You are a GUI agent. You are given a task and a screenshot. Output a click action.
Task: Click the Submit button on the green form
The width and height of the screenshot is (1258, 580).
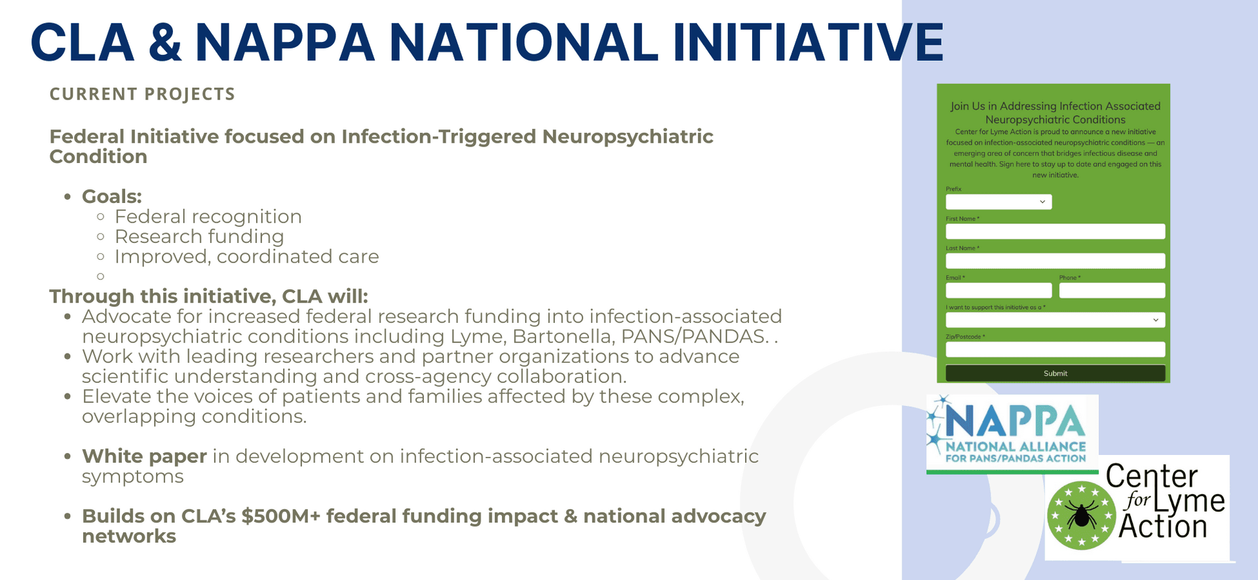[1055, 373]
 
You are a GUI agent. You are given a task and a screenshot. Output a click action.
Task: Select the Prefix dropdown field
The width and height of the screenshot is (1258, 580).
[999, 202]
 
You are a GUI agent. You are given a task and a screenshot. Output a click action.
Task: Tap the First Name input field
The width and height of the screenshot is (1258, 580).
[1055, 231]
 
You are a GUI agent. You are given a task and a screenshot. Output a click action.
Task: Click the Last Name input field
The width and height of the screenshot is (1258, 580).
[1055, 261]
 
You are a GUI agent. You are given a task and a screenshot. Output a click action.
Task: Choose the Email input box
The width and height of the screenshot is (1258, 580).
[999, 290]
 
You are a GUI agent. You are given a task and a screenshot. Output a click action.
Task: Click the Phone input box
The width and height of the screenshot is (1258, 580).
[1112, 290]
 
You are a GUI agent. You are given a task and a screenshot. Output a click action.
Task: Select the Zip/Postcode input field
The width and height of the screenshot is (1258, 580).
[1055, 349]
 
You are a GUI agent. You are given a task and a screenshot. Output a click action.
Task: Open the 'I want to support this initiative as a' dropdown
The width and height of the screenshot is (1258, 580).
[1055, 319]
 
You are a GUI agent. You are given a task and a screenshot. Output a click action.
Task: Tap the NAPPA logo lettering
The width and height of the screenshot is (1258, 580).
[1016, 421]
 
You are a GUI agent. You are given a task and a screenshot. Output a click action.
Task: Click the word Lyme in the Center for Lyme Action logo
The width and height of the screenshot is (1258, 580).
[1189, 501]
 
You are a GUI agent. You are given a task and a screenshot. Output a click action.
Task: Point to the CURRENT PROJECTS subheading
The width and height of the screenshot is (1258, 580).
[142, 94]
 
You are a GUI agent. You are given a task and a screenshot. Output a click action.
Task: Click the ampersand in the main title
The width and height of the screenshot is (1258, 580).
[164, 43]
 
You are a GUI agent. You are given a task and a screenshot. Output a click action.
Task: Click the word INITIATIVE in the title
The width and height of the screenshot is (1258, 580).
[807, 43]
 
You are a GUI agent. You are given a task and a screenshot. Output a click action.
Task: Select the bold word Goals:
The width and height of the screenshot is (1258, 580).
[111, 196]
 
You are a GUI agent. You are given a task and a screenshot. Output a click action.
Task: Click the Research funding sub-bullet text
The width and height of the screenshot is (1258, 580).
[199, 236]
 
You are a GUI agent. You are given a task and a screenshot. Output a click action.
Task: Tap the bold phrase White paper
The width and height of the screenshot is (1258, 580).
[144, 456]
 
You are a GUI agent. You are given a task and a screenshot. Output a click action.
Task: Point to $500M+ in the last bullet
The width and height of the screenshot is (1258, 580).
[280, 517]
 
